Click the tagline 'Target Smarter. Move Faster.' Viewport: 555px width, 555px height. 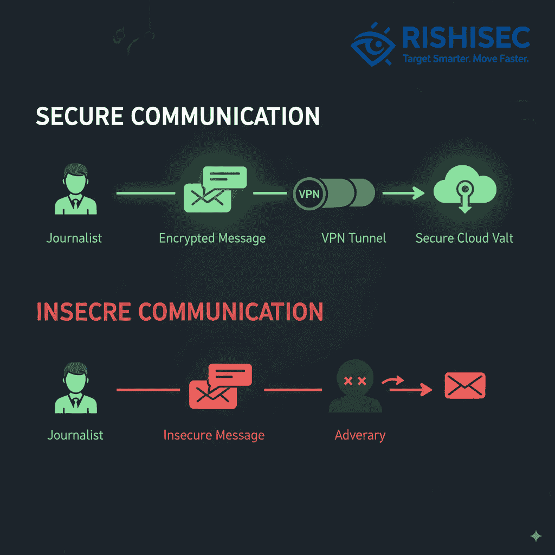pos(466,59)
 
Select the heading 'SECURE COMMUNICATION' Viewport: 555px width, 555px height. pos(177,117)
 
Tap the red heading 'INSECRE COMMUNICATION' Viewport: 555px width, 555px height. pos(179,312)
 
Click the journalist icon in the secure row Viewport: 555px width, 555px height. pos(75,193)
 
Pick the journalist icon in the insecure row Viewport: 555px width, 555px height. pos(75,388)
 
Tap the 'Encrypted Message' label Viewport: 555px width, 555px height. pos(212,238)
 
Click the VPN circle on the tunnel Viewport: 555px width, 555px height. pos(309,194)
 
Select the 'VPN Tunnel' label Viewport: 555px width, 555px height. pos(353,238)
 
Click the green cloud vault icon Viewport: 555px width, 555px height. pos(465,192)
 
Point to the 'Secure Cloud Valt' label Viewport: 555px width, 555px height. pos(464,238)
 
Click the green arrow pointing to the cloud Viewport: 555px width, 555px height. pos(403,192)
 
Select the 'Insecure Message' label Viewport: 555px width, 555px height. pos(214,435)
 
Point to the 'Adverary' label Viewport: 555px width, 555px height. pos(360,435)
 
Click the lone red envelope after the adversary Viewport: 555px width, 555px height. pos(464,385)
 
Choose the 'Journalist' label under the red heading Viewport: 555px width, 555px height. pos(75,435)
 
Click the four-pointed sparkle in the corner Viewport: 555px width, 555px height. pos(535,536)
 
